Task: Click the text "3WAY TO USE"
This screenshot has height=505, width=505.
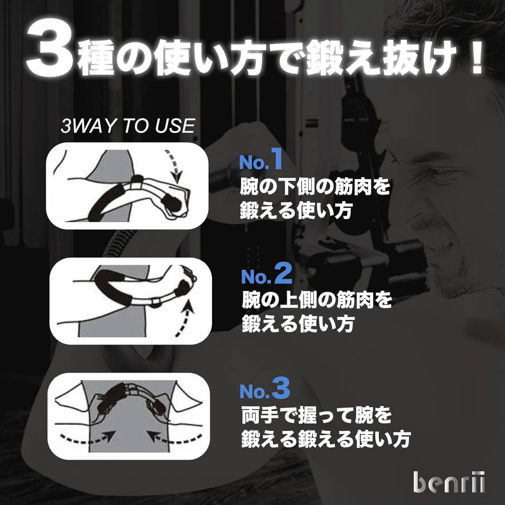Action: click(128, 126)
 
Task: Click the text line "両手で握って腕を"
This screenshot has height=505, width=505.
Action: click(316, 415)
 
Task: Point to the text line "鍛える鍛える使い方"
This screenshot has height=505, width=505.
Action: click(325, 440)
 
